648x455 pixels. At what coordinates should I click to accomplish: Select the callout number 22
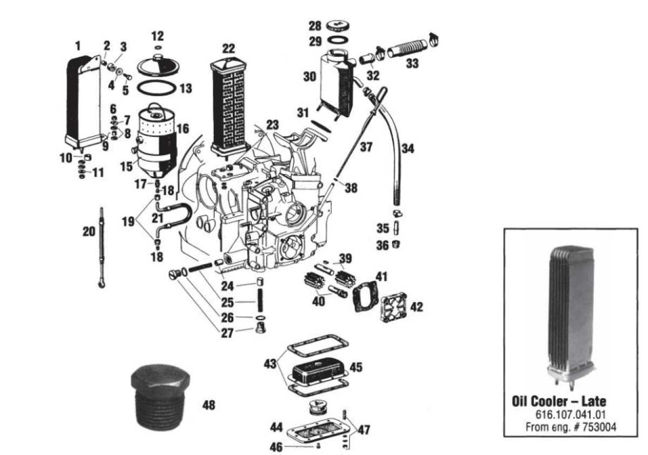pos(228,48)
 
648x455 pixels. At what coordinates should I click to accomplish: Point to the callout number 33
pos(412,63)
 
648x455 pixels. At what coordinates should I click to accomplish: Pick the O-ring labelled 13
pos(158,86)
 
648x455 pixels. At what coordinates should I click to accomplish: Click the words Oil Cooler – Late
pos(559,402)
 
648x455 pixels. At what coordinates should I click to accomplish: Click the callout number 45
pos(356,367)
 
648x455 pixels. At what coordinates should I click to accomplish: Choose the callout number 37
pos(367,146)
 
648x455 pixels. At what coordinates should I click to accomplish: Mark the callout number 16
pos(182,129)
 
